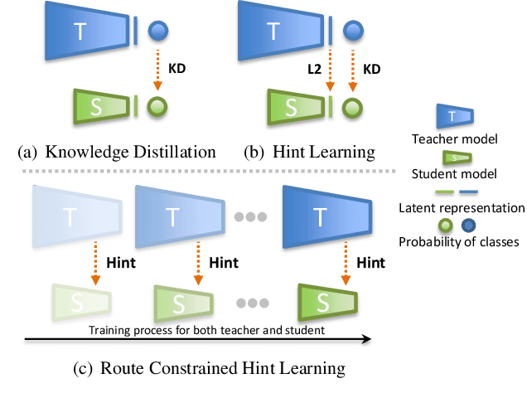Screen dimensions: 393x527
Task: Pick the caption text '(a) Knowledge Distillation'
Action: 116,152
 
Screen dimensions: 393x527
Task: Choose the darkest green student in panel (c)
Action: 326,299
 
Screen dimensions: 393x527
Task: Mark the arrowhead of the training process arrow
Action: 365,338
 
